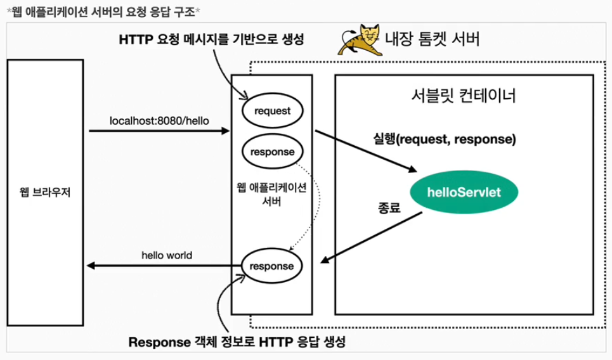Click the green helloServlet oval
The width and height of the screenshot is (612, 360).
point(464,191)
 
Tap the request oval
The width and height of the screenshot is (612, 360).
point(272,112)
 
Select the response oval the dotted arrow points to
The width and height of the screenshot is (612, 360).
point(272,266)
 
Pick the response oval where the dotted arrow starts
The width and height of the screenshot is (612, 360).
point(272,152)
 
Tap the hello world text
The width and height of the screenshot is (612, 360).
point(167,255)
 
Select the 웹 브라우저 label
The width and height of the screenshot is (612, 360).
point(45,192)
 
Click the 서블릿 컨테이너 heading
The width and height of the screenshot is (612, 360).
point(463,96)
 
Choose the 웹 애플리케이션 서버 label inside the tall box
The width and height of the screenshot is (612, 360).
point(271,195)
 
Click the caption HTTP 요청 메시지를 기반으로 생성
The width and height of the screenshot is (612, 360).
point(212,39)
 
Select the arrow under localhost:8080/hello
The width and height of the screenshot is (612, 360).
point(159,131)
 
